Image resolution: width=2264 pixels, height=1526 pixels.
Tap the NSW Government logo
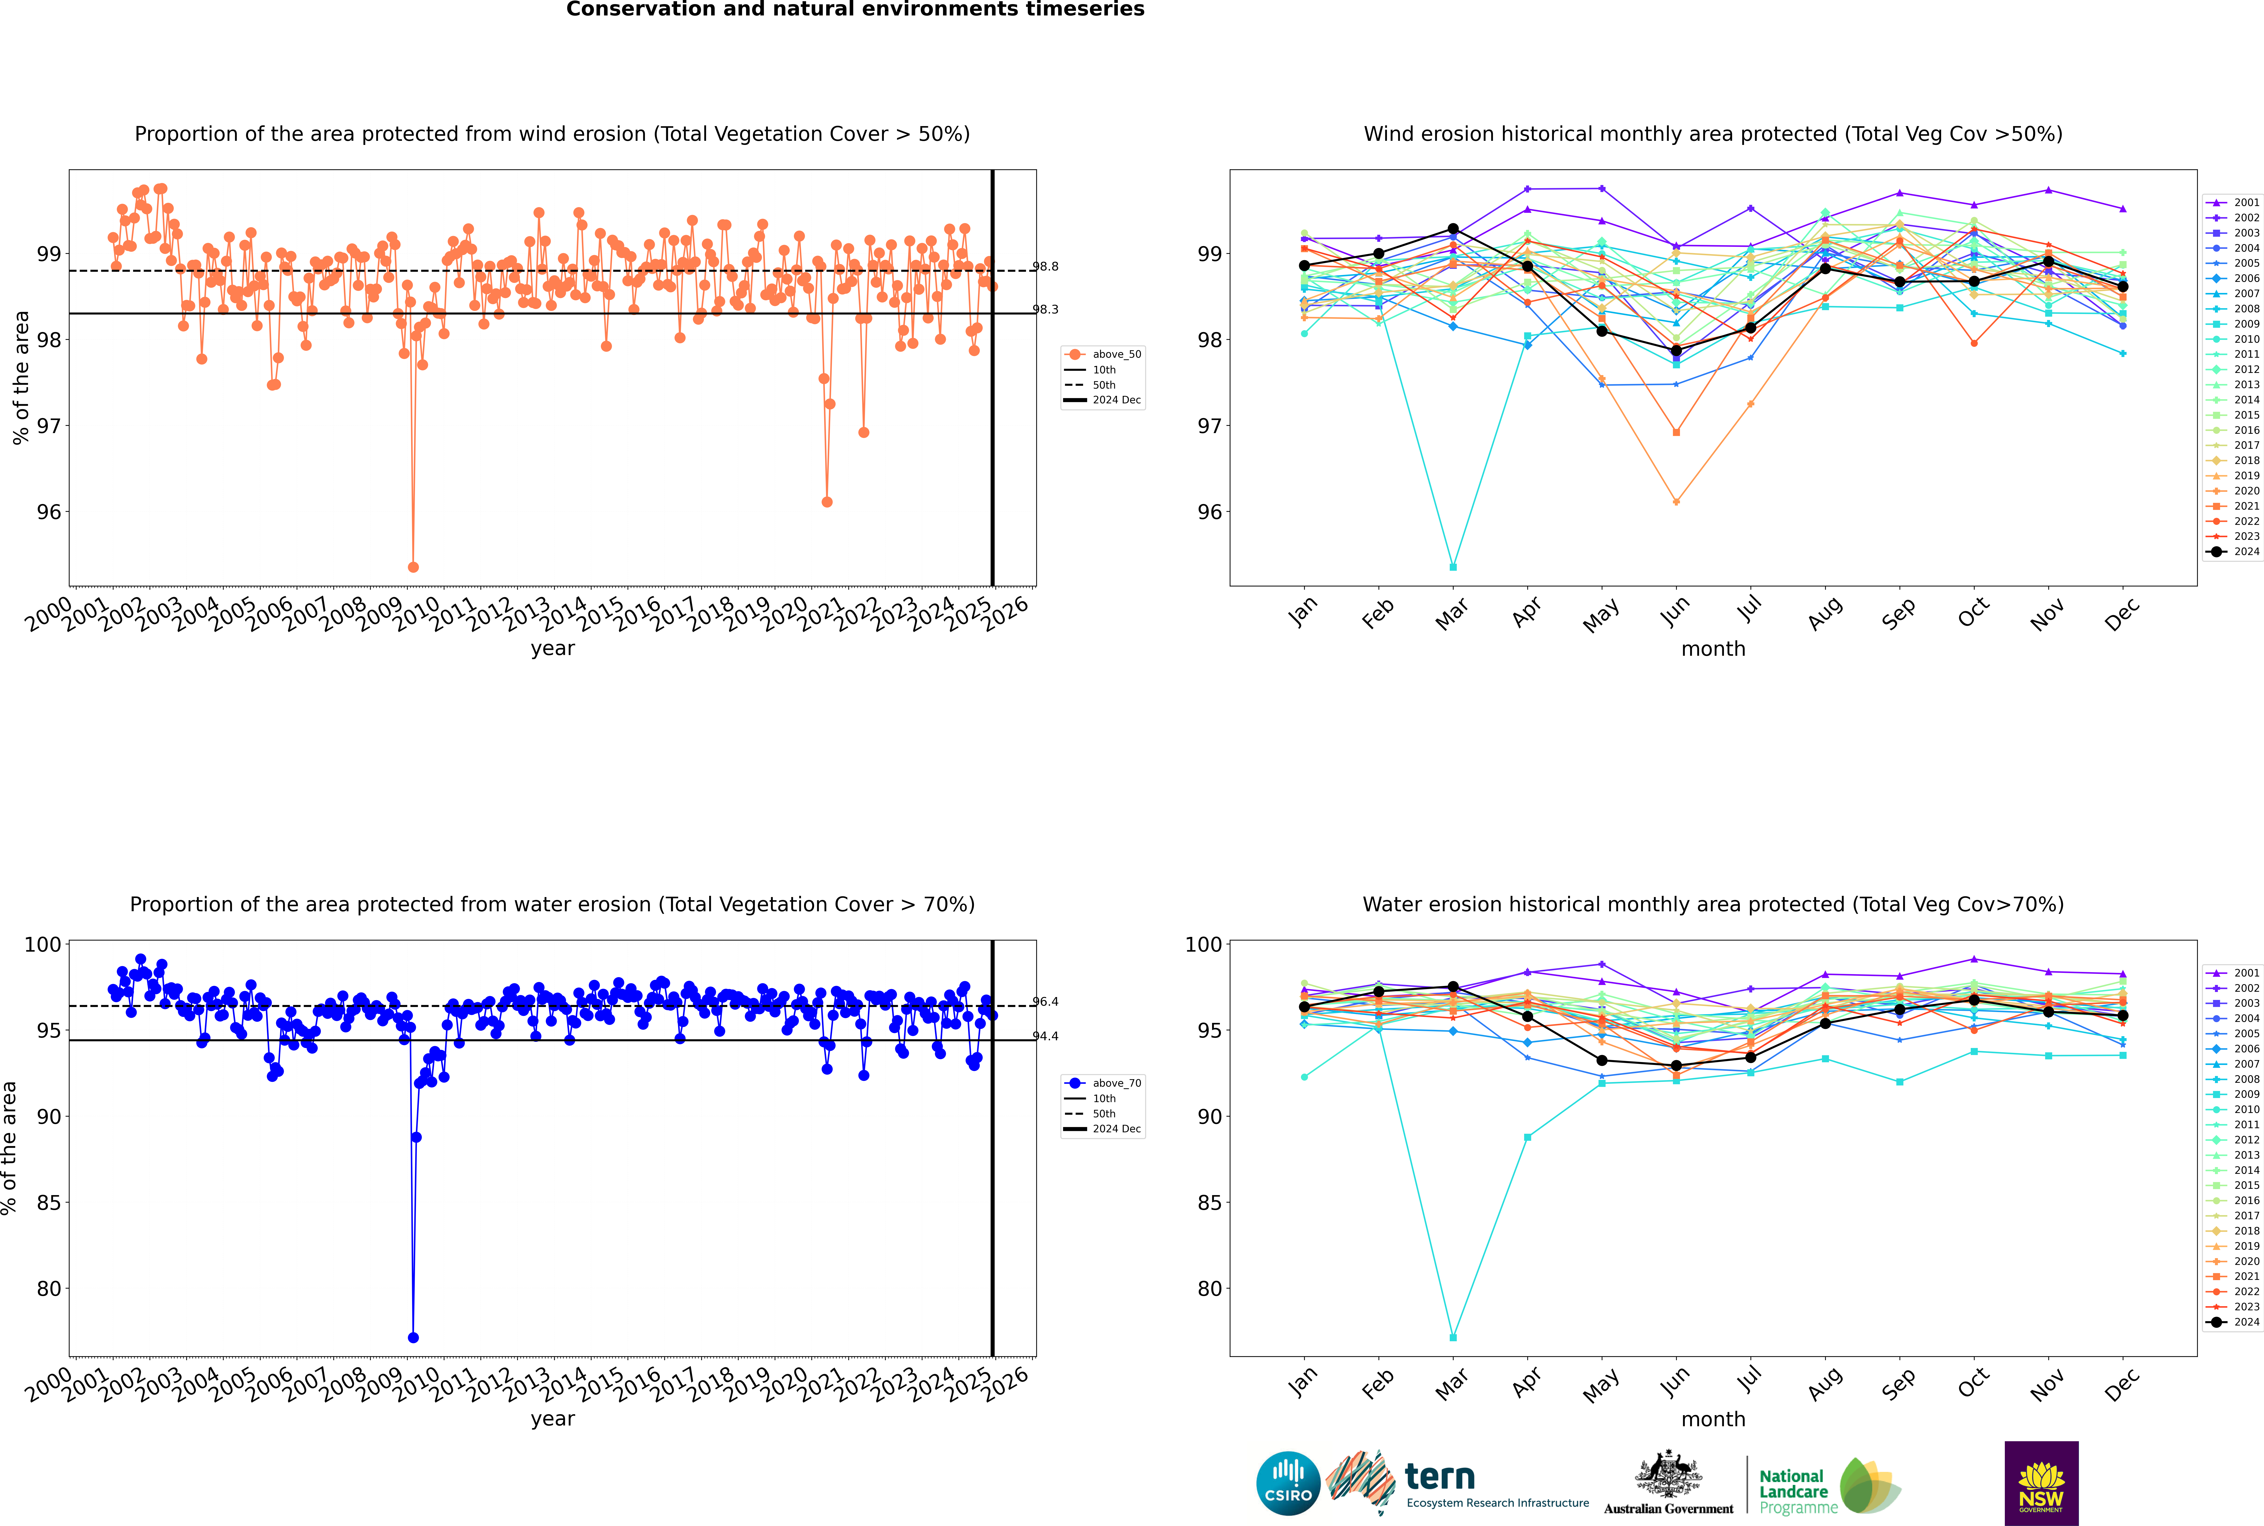click(2041, 1482)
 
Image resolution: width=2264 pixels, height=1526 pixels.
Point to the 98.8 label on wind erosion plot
click(1045, 267)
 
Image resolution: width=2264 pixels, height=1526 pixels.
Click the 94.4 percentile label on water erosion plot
click(1045, 1036)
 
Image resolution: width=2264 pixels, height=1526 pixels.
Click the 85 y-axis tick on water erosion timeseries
click(49, 1203)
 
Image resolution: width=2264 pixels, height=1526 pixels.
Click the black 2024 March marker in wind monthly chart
click(1453, 229)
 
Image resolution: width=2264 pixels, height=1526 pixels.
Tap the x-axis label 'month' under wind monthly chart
click(1713, 649)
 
